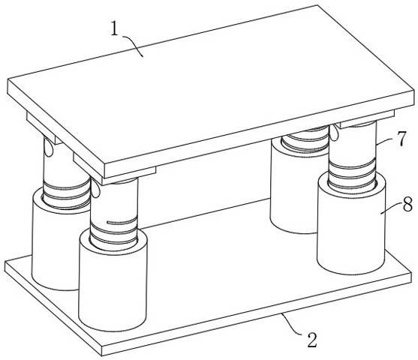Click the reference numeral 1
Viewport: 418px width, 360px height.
[115, 28]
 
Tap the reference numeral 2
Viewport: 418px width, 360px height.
[312, 340]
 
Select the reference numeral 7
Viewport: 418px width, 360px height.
[401, 139]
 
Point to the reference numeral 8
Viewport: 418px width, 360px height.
[408, 205]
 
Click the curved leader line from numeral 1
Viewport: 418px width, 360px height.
[134, 45]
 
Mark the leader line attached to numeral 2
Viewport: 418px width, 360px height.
[293, 325]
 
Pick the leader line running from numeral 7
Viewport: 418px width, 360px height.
[386, 142]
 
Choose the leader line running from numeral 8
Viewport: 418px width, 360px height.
[391, 208]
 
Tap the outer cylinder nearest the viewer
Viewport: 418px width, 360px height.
[113, 280]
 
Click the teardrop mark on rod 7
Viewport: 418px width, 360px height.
[334, 133]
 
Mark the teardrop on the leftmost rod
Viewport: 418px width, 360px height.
[48, 147]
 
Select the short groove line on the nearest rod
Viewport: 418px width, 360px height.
[122, 221]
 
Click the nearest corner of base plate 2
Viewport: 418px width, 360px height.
[102, 355]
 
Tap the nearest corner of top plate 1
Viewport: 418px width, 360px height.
[105, 178]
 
